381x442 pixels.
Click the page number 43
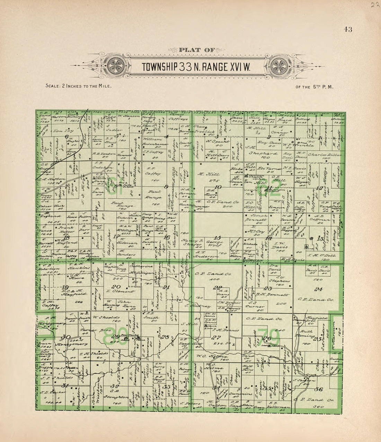(x=348, y=29)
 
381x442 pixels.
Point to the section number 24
(x=318, y=289)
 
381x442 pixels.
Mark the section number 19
(x=64, y=287)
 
